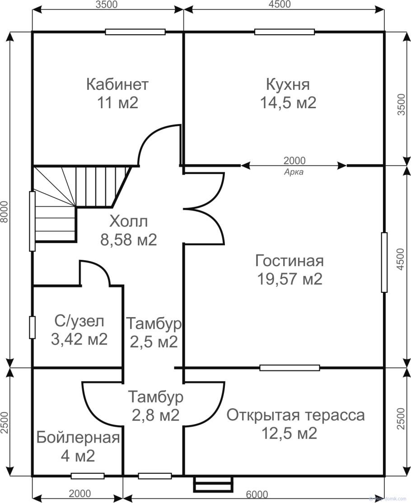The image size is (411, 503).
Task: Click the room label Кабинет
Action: click(x=117, y=84)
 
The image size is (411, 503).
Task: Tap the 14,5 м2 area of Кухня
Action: click(x=288, y=103)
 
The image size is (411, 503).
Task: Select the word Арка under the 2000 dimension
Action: click(x=294, y=171)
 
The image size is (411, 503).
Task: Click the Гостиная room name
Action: click(x=290, y=261)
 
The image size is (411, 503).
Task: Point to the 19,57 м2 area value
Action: click(x=290, y=279)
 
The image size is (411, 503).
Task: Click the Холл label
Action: click(x=129, y=222)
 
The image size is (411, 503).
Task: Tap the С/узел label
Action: click(x=79, y=321)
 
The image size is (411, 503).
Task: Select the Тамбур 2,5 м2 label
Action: click(x=154, y=332)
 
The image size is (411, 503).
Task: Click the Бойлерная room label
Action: click(x=78, y=438)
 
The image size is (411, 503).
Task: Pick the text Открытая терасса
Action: click(x=295, y=415)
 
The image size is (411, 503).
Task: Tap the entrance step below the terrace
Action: click(x=214, y=485)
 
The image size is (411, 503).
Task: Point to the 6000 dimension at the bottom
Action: click(x=257, y=494)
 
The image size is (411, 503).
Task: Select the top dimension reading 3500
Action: click(x=107, y=5)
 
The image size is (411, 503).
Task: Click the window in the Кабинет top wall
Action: click(x=135, y=32)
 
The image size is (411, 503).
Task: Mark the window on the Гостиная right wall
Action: click(x=384, y=263)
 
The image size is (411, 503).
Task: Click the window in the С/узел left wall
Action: click(x=33, y=328)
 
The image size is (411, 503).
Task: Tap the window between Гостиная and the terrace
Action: click(x=290, y=368)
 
